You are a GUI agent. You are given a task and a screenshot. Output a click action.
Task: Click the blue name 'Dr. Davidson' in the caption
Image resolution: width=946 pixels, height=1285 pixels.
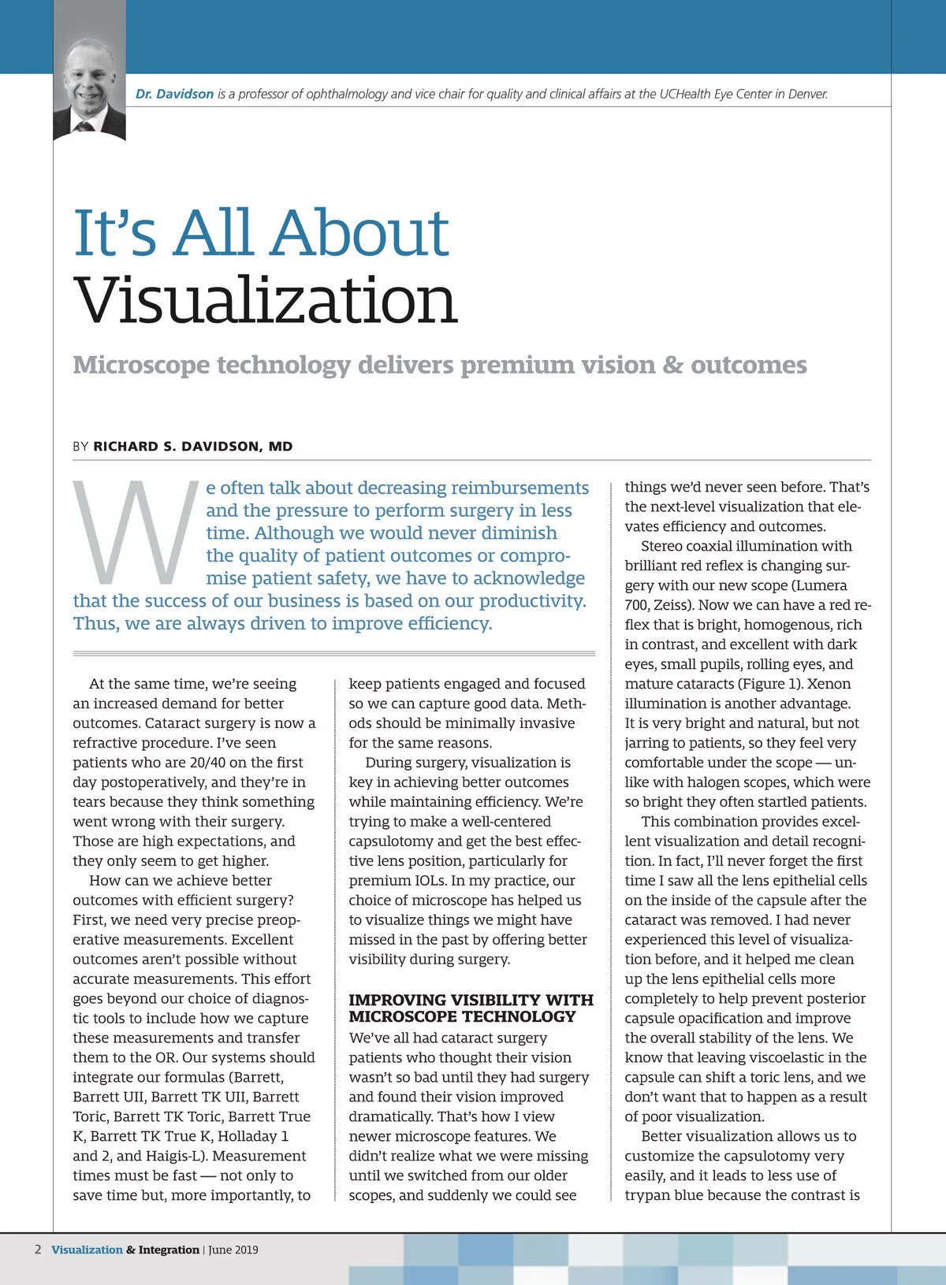coord(174,94)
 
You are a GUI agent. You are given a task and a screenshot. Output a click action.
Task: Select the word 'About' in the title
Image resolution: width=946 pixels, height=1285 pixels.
coord(361,233)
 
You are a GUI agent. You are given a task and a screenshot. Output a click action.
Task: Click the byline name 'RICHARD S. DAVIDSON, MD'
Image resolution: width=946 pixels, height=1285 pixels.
coord(193,447)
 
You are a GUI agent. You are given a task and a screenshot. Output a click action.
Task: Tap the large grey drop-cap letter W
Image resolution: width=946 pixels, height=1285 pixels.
coord(136,533)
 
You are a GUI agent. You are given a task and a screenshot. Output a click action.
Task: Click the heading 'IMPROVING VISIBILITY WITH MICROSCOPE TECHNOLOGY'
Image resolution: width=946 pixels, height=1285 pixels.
coord(471,1008)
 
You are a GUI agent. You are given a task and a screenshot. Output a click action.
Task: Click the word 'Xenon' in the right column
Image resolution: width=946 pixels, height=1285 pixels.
coord(829,683)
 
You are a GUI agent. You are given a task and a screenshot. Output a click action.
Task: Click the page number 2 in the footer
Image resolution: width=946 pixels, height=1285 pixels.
coord(38,1250)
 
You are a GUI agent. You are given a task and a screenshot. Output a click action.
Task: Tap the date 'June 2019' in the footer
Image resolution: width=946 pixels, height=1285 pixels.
coord(233,1250)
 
